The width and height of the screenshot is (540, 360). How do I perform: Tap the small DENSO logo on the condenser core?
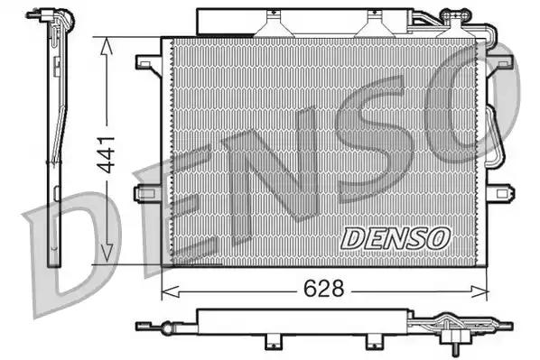click(396, 237)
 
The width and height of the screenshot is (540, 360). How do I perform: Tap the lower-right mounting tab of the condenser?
click(498, 193)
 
